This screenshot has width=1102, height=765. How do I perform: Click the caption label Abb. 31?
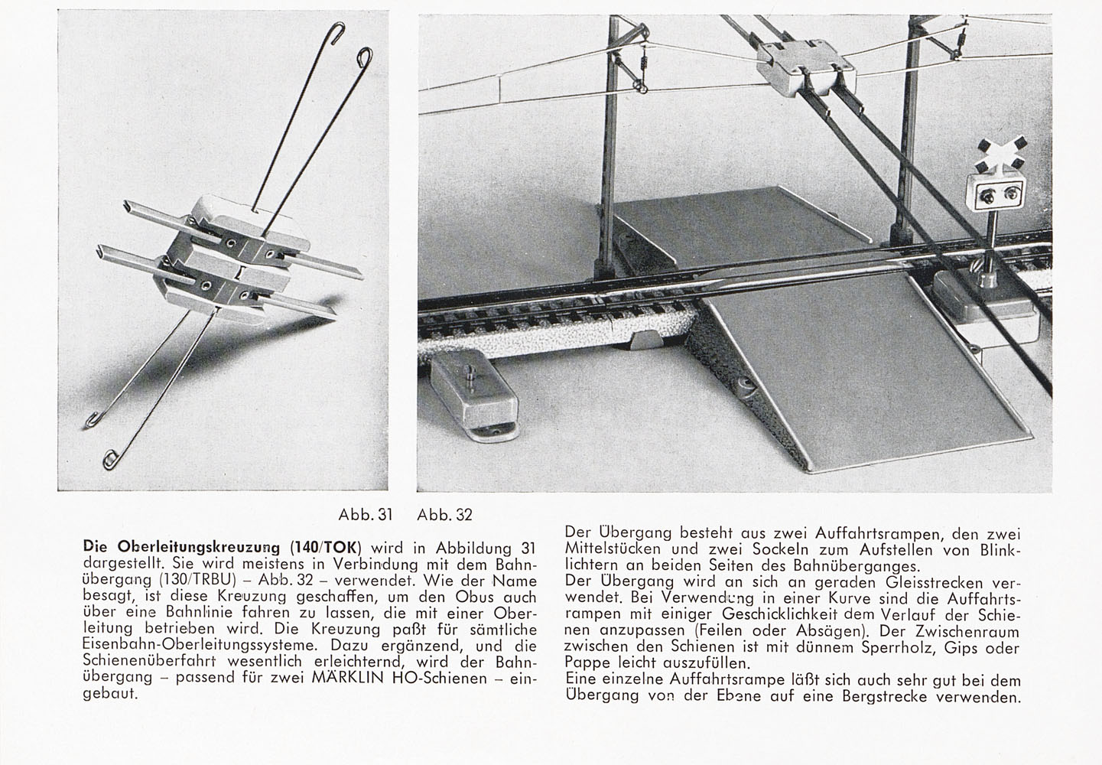pos(366,515)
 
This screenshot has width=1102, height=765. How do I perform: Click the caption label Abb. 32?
pos(445,515)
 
